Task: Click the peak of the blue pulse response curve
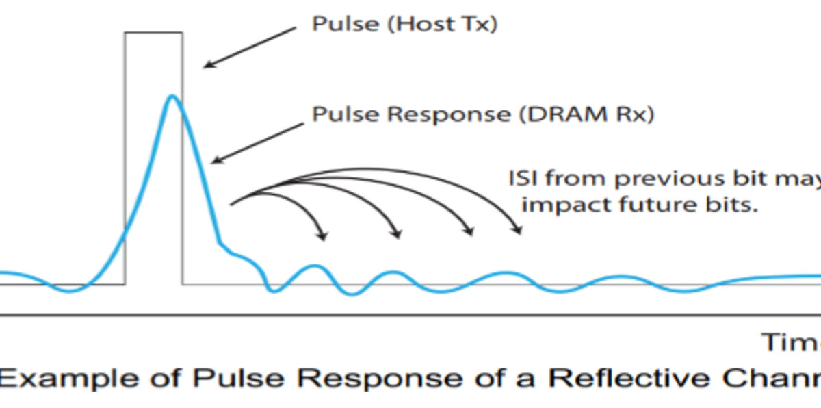click(x=172, y=97)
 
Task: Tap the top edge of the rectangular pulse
click(x=153, y=32)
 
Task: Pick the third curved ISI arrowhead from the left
click(x=470, y=233)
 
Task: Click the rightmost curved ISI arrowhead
click(x=519, y=232)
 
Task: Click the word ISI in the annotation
click(x=522, y=179)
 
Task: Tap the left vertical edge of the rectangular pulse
click(x=125, y=157)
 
